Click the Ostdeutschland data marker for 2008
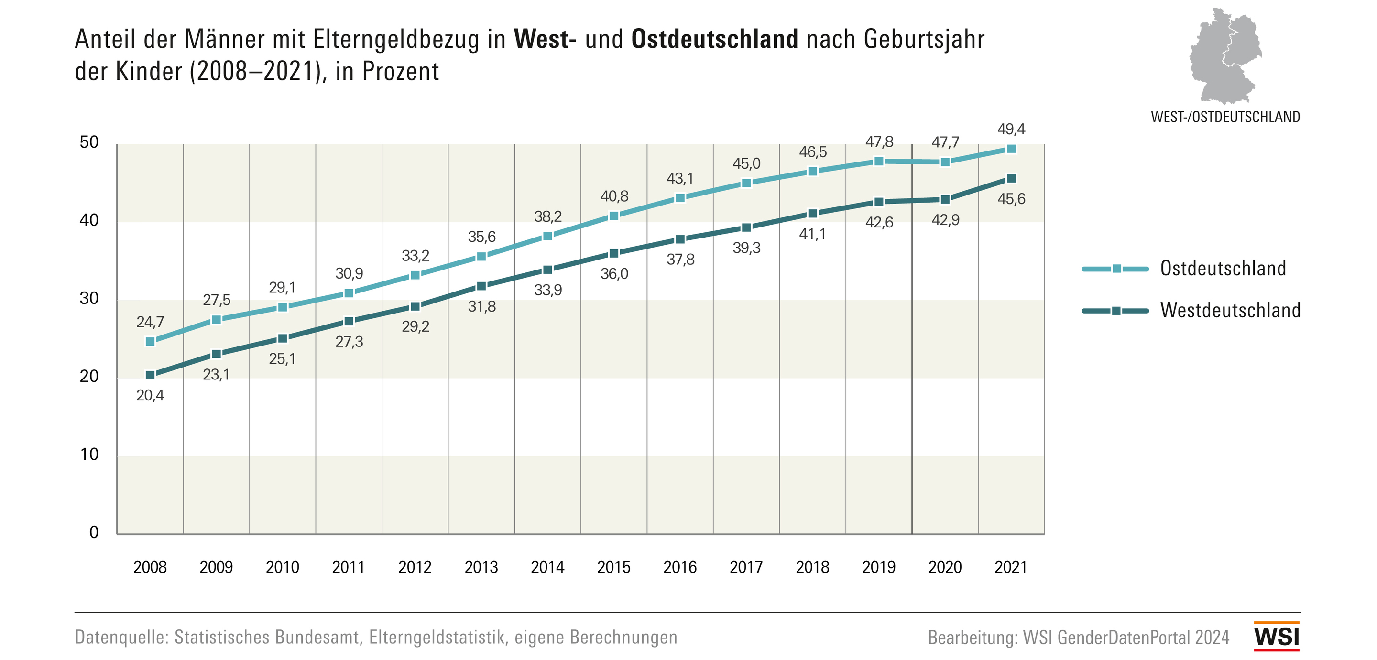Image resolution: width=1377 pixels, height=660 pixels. click(x=150, y=342)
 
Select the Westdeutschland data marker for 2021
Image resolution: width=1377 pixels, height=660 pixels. click(x=1011, y=178)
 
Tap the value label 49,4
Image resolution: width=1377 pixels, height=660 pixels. click(x=1011, y=130)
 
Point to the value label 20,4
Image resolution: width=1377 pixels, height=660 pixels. click(x=150, y=395)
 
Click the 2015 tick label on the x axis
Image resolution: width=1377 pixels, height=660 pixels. click(x=613, y=567)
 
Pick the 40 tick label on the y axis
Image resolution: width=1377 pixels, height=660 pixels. click(x=89, y=220)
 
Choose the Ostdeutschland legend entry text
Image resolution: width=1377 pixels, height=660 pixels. click(x=1223, y=268)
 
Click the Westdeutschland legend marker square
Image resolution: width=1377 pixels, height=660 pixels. click(x=1116, y=311)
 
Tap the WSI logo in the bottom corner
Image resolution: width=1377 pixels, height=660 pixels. click(x=1277, y=637)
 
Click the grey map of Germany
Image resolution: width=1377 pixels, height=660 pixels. click(x=1224, y=56)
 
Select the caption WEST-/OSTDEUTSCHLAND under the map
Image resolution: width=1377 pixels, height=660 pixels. click(x=1225, y=117)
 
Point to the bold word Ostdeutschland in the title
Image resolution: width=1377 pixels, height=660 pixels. click(x=715, y=39)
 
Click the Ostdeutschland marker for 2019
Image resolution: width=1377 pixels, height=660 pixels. click(x=879, y=162)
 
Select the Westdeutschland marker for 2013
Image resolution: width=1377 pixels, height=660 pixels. click(x=481, y=286)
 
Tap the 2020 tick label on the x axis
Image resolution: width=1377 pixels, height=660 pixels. click(x=945, y=567)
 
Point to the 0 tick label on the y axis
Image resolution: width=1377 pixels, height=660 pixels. click(x=94, y=532)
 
